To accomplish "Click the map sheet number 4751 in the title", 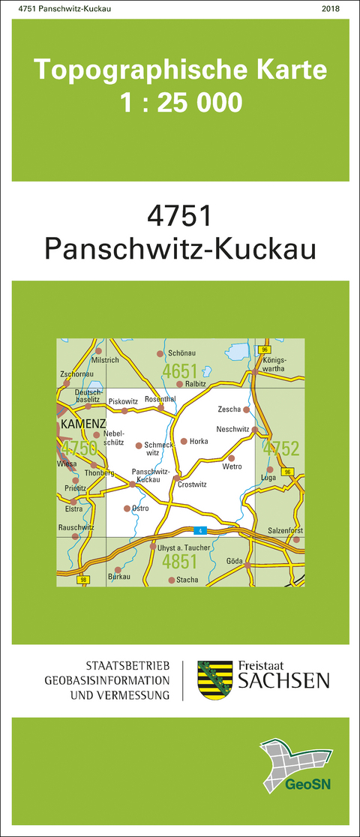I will tap(180, 217).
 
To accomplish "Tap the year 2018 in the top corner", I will tap(329, 8).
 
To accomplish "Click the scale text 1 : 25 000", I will tap(181, 102).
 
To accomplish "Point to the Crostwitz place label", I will tap(193, 484).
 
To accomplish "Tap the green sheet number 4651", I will tap(180, 371).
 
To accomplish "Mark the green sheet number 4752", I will tap(282, 448).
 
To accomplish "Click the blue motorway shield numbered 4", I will tap(199, 531).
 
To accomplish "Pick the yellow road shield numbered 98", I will tap(82, 580).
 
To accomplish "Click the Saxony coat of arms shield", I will tap(214, 679).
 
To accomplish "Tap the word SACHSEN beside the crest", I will tap(283, 680).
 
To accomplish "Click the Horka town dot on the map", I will tap(183, 441).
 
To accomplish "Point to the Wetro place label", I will tap(232, 467).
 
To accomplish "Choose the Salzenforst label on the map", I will tap(285, 530).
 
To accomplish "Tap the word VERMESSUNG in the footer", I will tap(131, 695).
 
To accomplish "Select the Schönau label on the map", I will tap(182, 352).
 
